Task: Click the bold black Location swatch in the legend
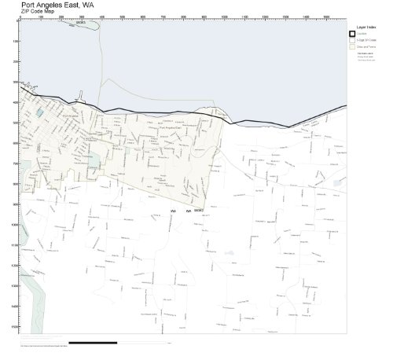tap(353, 34)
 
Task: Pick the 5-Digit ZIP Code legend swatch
tap(353, 40)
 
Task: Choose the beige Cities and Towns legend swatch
tap(353, 47)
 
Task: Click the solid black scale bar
tap(93, 343)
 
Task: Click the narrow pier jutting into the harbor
tap(78, 100)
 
